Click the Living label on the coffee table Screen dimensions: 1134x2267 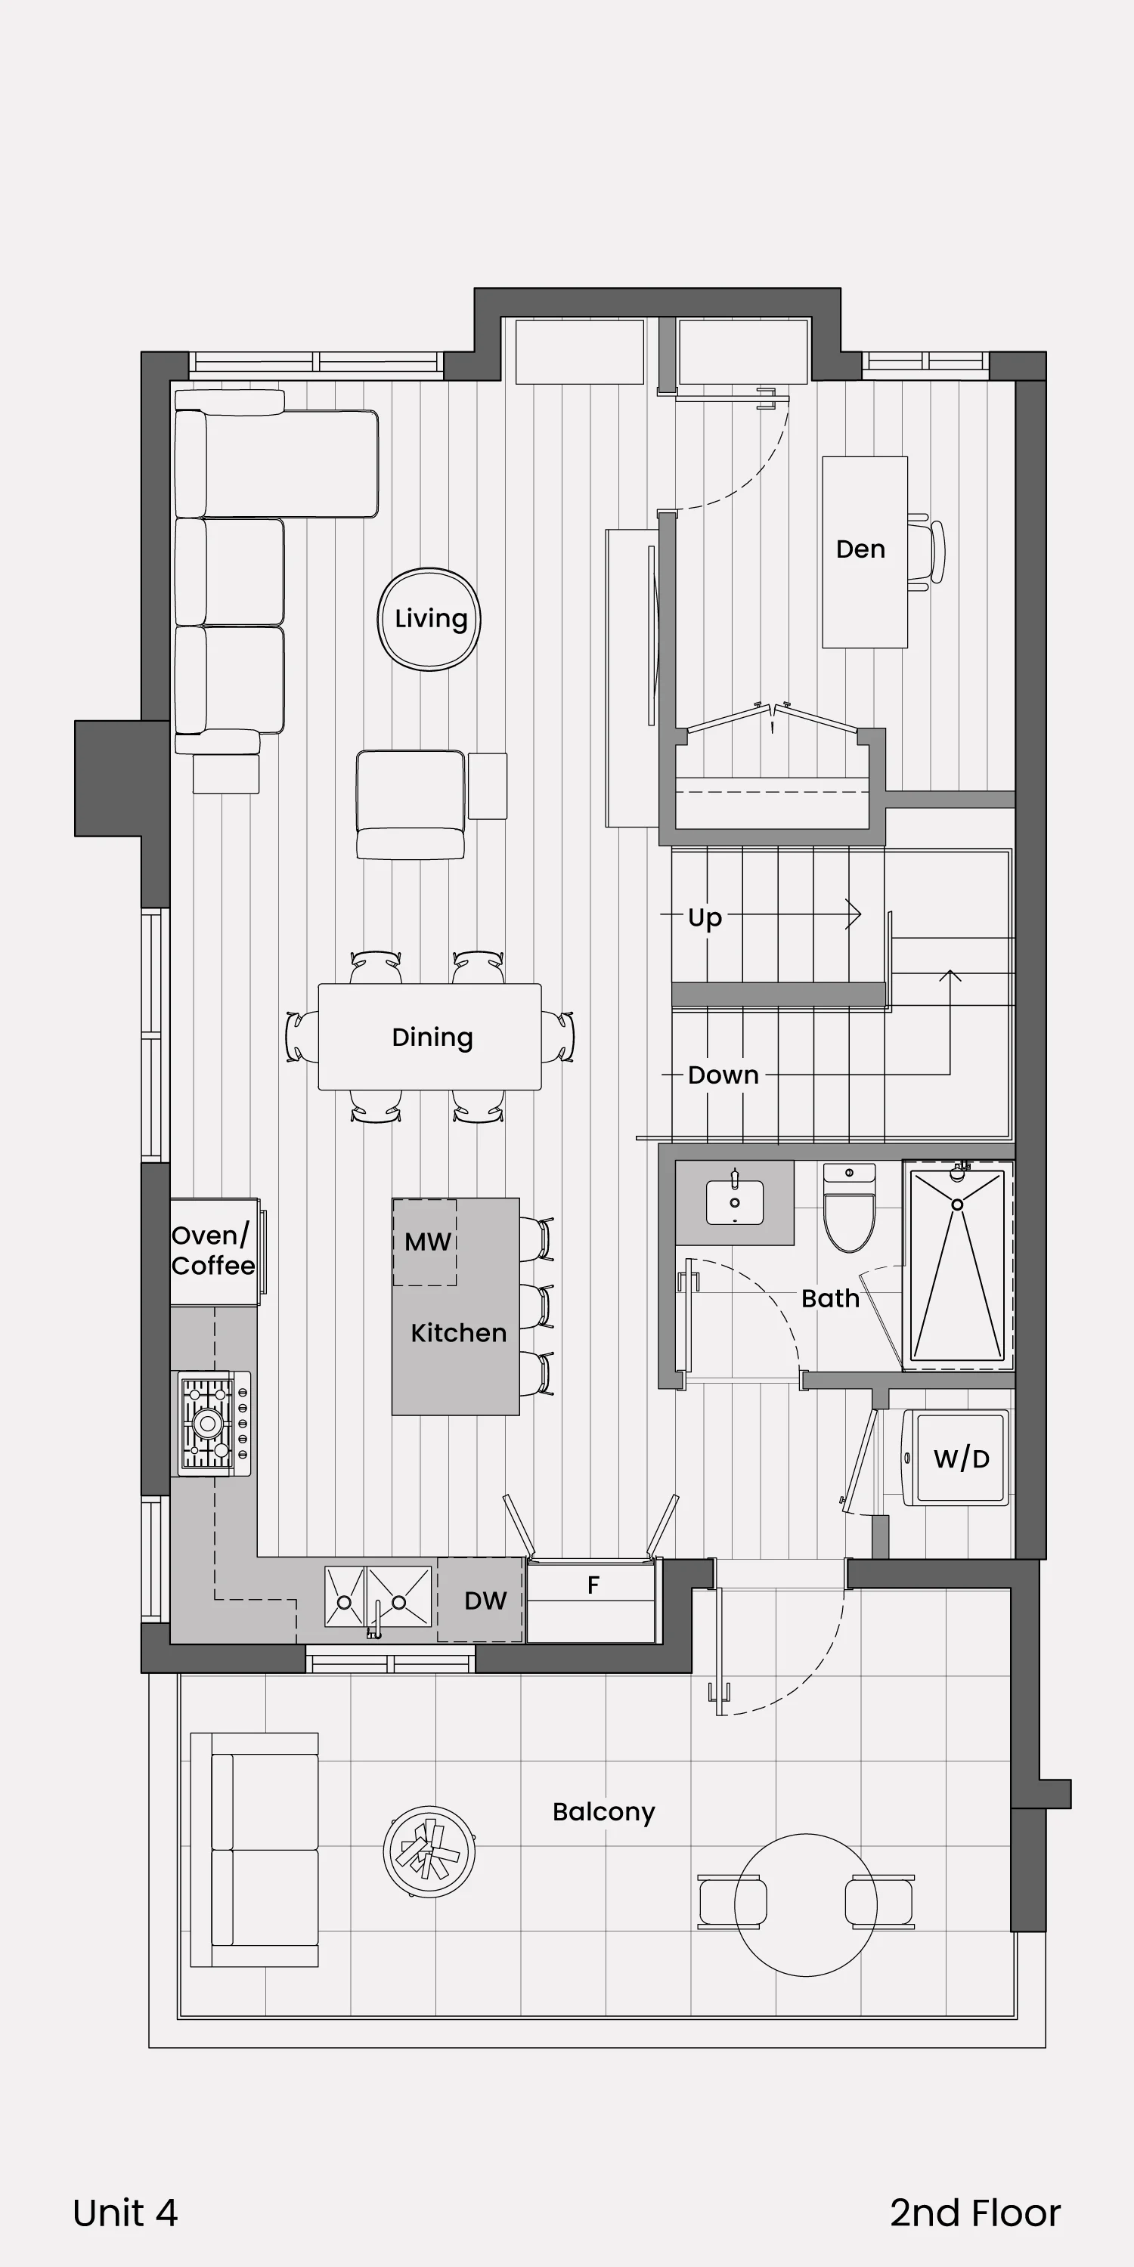coord(430,619)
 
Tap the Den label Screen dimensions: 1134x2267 coord(860,549)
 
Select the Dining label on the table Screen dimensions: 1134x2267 coord(432,1038)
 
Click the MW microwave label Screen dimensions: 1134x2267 coord(428,1242)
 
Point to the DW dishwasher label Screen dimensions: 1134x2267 coord(485,1601)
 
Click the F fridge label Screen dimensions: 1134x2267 coord(593,1585)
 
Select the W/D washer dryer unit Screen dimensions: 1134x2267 coord(956,1458)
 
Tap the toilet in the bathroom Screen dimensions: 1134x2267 coord(850,1208)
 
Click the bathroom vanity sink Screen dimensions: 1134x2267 coord(735,1202)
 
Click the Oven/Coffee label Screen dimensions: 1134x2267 coord(213,1251)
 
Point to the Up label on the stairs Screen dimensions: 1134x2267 coord(705,918)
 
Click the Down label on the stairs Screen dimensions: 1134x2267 coord(723,1075)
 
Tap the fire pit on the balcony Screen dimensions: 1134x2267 coord(429,1851)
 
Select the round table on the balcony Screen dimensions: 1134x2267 coord(806,1904)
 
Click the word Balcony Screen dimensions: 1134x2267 coord(604,1812)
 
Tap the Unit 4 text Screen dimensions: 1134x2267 coord(125,2213)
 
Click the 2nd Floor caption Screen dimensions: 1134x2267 coord(975,2213)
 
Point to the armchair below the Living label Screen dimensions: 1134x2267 coord(411,804)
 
